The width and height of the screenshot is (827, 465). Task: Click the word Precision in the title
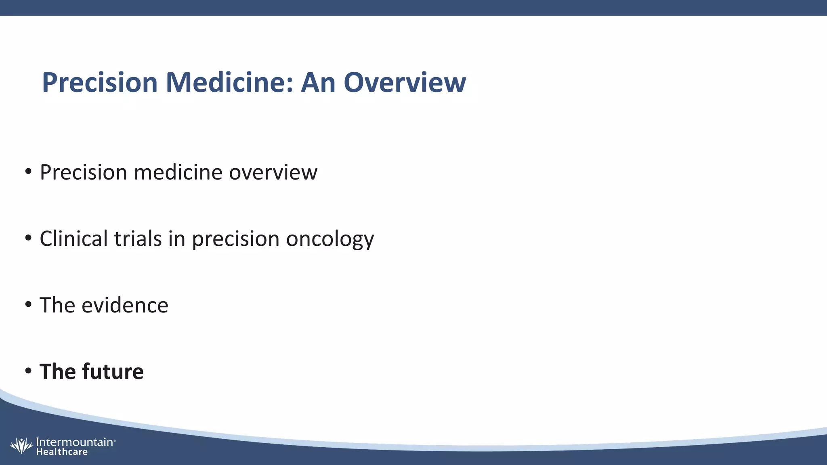pyautogui.click(x=99, y=82)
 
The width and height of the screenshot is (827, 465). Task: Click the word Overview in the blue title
pyautogui.click(x=405, y=82)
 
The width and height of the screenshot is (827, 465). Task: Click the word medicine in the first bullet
pyautogui.click(x=178, y=172)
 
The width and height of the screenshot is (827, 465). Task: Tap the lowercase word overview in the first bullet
pyautogui.click(x=273, y=172)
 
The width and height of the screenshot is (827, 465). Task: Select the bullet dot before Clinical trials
pyautogui.click(x=28, y=239)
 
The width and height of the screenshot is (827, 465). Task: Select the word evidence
pyautogui.click(x=125, y=305)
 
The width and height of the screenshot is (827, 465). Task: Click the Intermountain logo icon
pyautogui.click(x=21, y=446)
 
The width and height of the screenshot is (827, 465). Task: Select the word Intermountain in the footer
pyautogui.click(x=75, y=442)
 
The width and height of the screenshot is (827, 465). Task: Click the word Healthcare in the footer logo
pyautogui.click(x=62, y=452)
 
